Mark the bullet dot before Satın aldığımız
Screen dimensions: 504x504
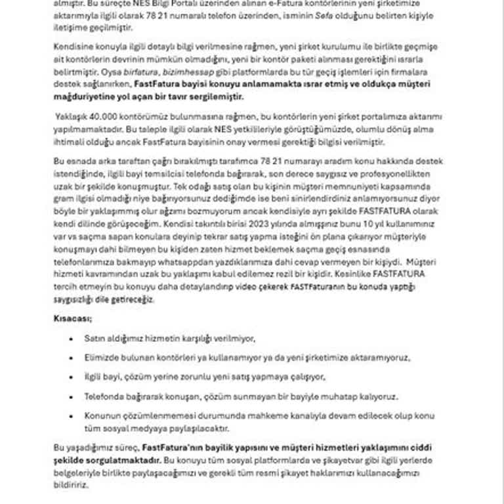point(70,339)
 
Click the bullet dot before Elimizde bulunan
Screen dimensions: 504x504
point(70,358)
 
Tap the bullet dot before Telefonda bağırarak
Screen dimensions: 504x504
point(70,396)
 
